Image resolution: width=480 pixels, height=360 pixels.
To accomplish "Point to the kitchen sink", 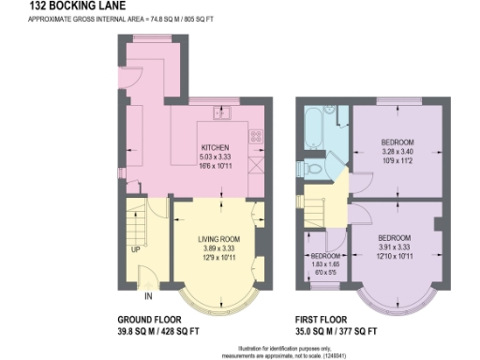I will click(225, 115).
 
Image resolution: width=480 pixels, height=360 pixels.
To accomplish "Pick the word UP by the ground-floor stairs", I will click(136, 249).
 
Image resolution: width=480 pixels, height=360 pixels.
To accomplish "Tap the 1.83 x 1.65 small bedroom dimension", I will click(324, 265).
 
